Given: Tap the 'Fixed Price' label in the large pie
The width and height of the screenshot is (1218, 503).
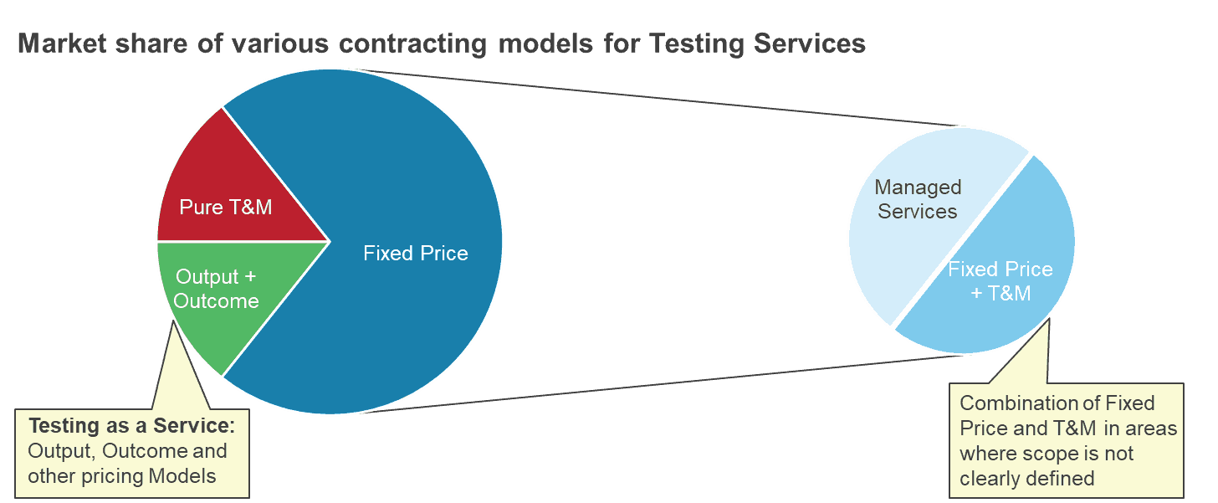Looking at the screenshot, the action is (x=416, y=253).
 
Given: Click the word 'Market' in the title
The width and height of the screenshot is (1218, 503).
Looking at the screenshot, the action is (x=62, y=44).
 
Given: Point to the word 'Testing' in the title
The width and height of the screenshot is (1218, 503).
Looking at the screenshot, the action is (x=696, y=44).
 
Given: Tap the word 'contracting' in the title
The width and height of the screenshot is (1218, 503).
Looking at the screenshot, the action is (x=412, y=44).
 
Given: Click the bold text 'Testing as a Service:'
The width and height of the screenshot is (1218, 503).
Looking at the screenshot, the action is (x=131, y=426).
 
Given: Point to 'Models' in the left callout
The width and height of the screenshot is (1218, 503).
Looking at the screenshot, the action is (x=182, y=476).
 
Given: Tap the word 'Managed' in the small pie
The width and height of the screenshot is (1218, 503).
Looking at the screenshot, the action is (x=918, y=187).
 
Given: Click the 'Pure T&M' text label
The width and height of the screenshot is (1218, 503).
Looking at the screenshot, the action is (x=226, y=208).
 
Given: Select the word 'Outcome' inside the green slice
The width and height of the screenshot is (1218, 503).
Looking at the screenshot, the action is (x=216, y=301).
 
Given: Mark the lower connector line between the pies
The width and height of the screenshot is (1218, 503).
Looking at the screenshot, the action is (x=664, y=384).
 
